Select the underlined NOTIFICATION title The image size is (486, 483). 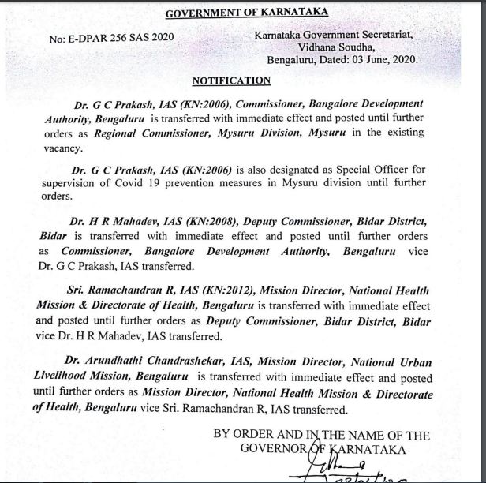231,80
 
